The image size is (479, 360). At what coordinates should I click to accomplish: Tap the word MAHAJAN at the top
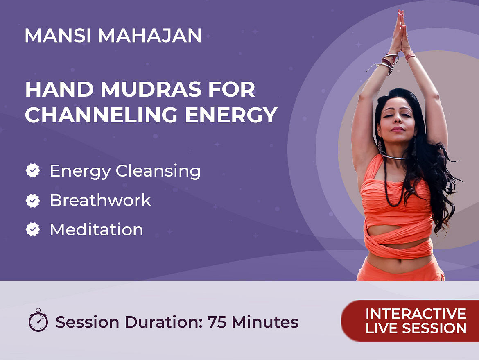pyautogui.click(x=150, y=36)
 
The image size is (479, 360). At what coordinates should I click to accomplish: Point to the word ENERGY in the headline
pyautogui.click(x=231, y=115)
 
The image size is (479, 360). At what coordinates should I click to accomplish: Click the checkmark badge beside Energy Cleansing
pyautogui.click(x=33, y=170)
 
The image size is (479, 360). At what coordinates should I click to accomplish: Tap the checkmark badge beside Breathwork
pyautogui.click(x=33, y=200)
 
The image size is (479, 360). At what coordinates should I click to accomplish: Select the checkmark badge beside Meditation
pyautogui.click(x=33, y=229)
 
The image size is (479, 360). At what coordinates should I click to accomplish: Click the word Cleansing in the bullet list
pyautogui.click(x=158, y=171)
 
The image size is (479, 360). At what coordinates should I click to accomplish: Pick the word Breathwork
pyautogui.click(x=100, y=200)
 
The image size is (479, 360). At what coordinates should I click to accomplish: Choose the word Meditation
pyautogui.click(x=97, y=229)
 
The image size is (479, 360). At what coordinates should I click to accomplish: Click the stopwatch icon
pyautogui.click(x=38, y=320)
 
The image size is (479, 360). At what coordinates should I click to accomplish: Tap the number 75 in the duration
pyautogui.click(x=217, y=322)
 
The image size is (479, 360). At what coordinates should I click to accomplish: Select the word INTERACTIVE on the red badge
pyautogui.click(x=416, y=314)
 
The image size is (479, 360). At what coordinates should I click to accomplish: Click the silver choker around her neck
pyautogui.click(x=394, y=157)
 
